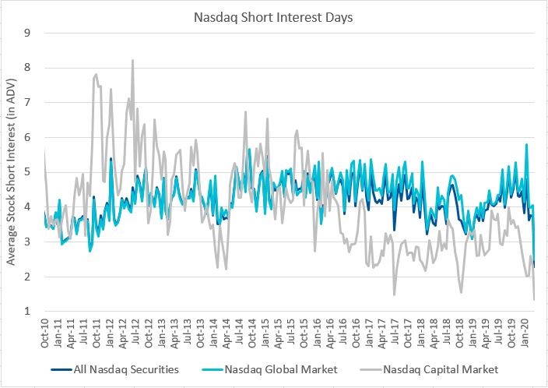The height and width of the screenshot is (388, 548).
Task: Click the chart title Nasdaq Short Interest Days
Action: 273,16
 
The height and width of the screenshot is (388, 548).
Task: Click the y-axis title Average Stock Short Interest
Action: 12,171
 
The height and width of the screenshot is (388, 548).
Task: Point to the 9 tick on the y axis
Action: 28,33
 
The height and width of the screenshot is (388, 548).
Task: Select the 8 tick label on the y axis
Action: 28,68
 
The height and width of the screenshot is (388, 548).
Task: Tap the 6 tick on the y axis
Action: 28,137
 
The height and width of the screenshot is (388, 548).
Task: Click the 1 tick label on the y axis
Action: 28,312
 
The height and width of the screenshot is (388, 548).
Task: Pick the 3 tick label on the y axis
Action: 28,242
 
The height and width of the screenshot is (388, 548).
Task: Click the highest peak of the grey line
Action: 132,60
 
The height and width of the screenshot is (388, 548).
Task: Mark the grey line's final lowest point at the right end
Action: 534,300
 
